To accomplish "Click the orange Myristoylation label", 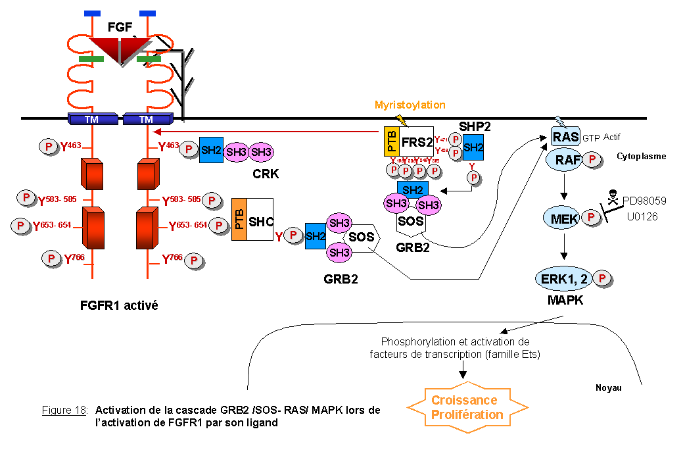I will point(410,105).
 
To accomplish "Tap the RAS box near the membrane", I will point(565,137).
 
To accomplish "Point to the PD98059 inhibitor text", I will point(645,200).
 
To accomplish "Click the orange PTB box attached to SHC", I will point(239,219).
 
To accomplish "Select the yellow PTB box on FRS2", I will point(390,141).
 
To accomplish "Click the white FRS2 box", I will point(417,141).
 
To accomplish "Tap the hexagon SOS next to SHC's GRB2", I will point(362,236).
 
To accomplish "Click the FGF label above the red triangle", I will point(120,28).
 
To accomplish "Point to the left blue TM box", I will point(93,119).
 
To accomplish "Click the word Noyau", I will point(608,388).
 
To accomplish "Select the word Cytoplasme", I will point(641,157).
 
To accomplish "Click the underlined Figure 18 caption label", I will point(64,411).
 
